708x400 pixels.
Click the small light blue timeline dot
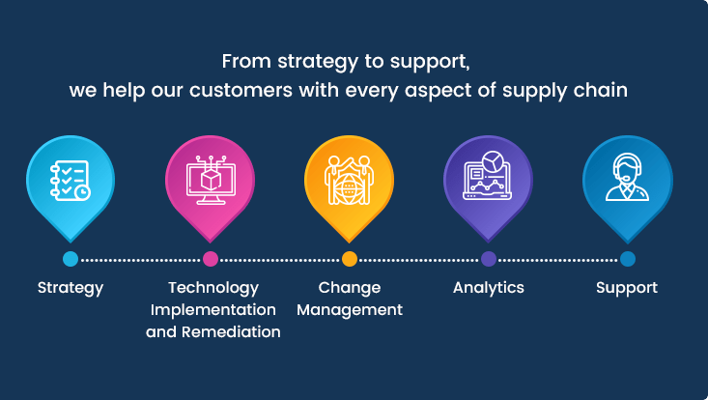click(71, 259)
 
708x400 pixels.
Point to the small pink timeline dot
click(211, 259)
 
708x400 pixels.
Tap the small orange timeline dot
click(350, 259)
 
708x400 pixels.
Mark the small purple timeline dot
click(489, 259)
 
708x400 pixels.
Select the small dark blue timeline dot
click(628, 259)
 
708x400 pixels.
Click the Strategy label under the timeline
click(71, 289)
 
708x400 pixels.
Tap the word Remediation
click(231, 331)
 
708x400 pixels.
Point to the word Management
click(350, 310)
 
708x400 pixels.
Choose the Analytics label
click(489, 288)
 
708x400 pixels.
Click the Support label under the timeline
click(627, 289)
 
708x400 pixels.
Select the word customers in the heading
click(241, 90)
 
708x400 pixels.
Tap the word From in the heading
click(246, 61)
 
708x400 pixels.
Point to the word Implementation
click(213, 310)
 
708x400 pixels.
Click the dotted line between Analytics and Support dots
click(558, 260)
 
